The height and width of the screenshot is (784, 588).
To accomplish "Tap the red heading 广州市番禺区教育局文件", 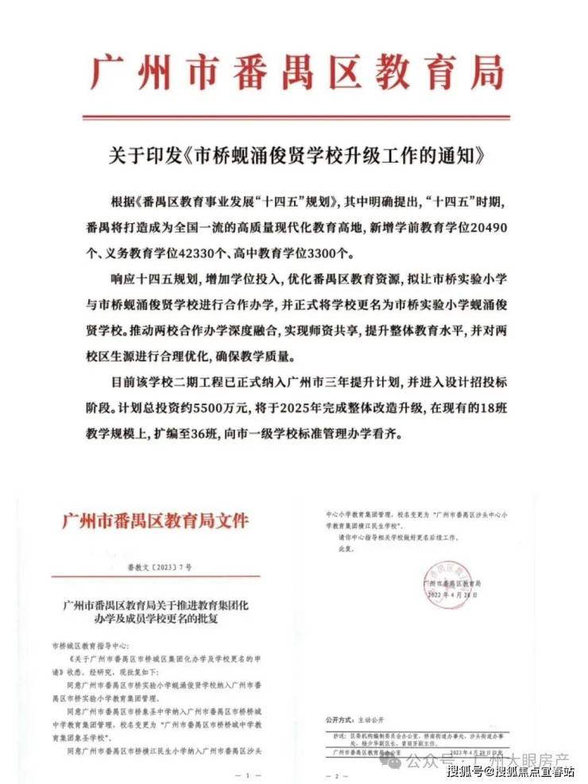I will (155, 522).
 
